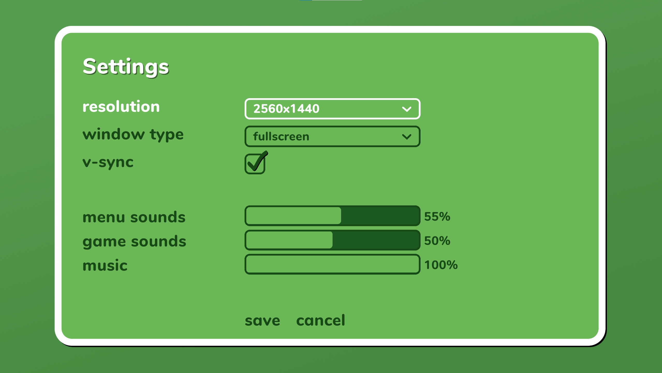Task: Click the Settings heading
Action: coord(126,67)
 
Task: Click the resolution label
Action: coord(121,106)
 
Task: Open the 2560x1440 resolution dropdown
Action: coord(332,109)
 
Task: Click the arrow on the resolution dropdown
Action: coord(407,109)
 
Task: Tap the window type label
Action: coord(133,135)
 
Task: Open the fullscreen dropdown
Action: coord(332,137)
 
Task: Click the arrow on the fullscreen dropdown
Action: coord(407,137)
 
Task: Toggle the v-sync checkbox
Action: coord(255,164)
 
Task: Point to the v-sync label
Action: coord(108,163)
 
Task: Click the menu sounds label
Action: coord(134,217)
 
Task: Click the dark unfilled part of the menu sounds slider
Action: coord(380,216)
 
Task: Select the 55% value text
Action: coord(437,217)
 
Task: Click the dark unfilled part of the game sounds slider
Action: coord(376,240)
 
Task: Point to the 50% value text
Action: coord(437,241)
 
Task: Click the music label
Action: coord(105,266)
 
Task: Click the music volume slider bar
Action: coord(332,264)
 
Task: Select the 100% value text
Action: coord(441,265)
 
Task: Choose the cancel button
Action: coord(321,320)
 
